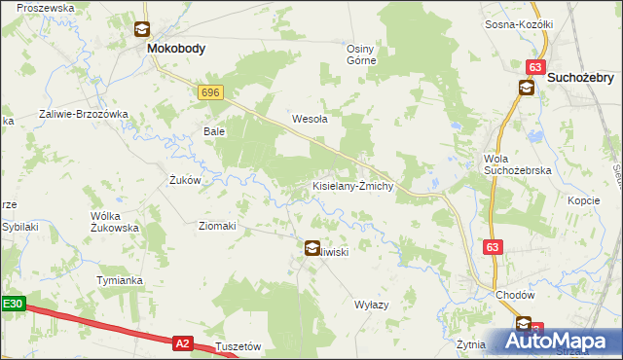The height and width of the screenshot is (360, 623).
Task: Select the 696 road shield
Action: [209, 91]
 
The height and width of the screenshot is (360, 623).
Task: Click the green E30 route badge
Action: [12, 304]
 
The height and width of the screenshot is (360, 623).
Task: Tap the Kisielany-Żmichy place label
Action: [351, 185]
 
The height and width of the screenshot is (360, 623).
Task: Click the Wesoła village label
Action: [310, 120]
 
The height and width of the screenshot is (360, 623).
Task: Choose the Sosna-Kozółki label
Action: [519, 23]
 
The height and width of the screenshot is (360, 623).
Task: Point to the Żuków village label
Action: [185, 180]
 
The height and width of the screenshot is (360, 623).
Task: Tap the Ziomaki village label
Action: [217, 226]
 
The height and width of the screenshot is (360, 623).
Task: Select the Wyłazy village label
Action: [371, 304]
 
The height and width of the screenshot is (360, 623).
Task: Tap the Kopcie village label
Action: [583, 199]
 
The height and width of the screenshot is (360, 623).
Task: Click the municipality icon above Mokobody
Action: [142, 30]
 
